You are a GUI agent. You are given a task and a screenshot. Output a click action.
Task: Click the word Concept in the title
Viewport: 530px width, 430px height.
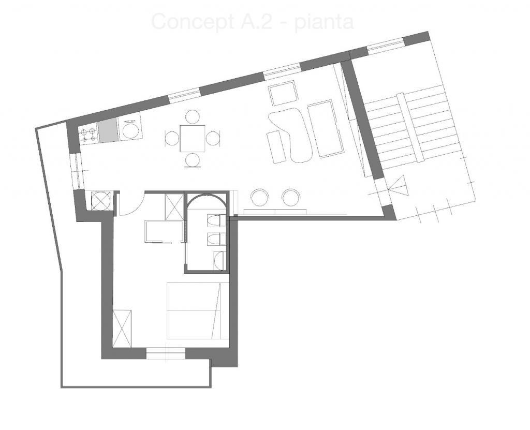(192, 22)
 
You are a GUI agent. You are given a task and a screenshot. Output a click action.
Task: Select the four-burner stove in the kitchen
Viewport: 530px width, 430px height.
(88, 135)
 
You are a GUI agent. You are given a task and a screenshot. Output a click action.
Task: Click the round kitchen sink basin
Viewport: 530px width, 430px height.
(131, 130)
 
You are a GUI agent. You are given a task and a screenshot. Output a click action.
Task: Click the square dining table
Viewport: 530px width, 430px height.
(193, 138)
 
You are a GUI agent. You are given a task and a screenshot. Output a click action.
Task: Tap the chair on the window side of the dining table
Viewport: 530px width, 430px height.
(193, 116)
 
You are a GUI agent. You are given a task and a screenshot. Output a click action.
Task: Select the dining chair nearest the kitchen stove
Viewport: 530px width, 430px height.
(173, 139)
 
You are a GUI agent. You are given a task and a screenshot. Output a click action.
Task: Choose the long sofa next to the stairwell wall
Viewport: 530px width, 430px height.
(326, 130)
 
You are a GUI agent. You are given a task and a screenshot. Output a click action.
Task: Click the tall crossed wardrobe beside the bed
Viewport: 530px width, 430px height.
(122, 329)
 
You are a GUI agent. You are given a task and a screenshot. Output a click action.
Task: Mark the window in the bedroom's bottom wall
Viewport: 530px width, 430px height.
(166, 354)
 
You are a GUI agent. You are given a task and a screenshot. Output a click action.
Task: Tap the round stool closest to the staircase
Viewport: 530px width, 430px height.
(291, 198)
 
